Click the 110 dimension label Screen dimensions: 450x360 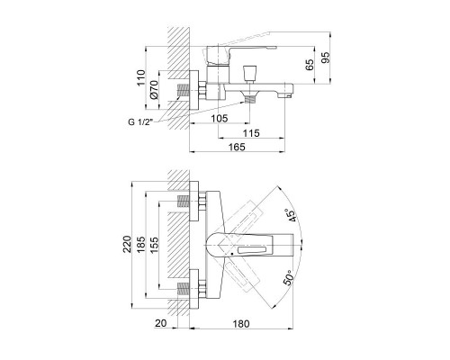[141, 77]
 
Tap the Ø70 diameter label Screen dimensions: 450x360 [154, 90]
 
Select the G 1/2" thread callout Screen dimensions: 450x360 [140, 121]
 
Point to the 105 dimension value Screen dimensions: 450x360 [220, 118]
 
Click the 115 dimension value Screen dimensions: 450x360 [251, 133]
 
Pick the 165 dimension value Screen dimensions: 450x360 [237, 147]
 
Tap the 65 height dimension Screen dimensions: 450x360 [310, 65]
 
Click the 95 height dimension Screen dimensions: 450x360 [326, 58]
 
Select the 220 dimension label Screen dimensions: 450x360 [127, 244]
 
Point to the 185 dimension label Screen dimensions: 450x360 [140, 245]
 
